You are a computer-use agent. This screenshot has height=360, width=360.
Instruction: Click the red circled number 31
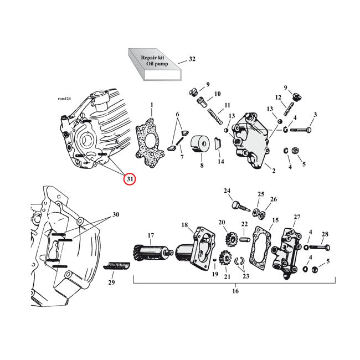tap(129, 179)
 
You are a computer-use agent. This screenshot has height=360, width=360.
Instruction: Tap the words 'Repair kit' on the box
tap(153, 57)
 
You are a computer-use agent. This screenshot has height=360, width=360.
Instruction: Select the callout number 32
tap(192, 59)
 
